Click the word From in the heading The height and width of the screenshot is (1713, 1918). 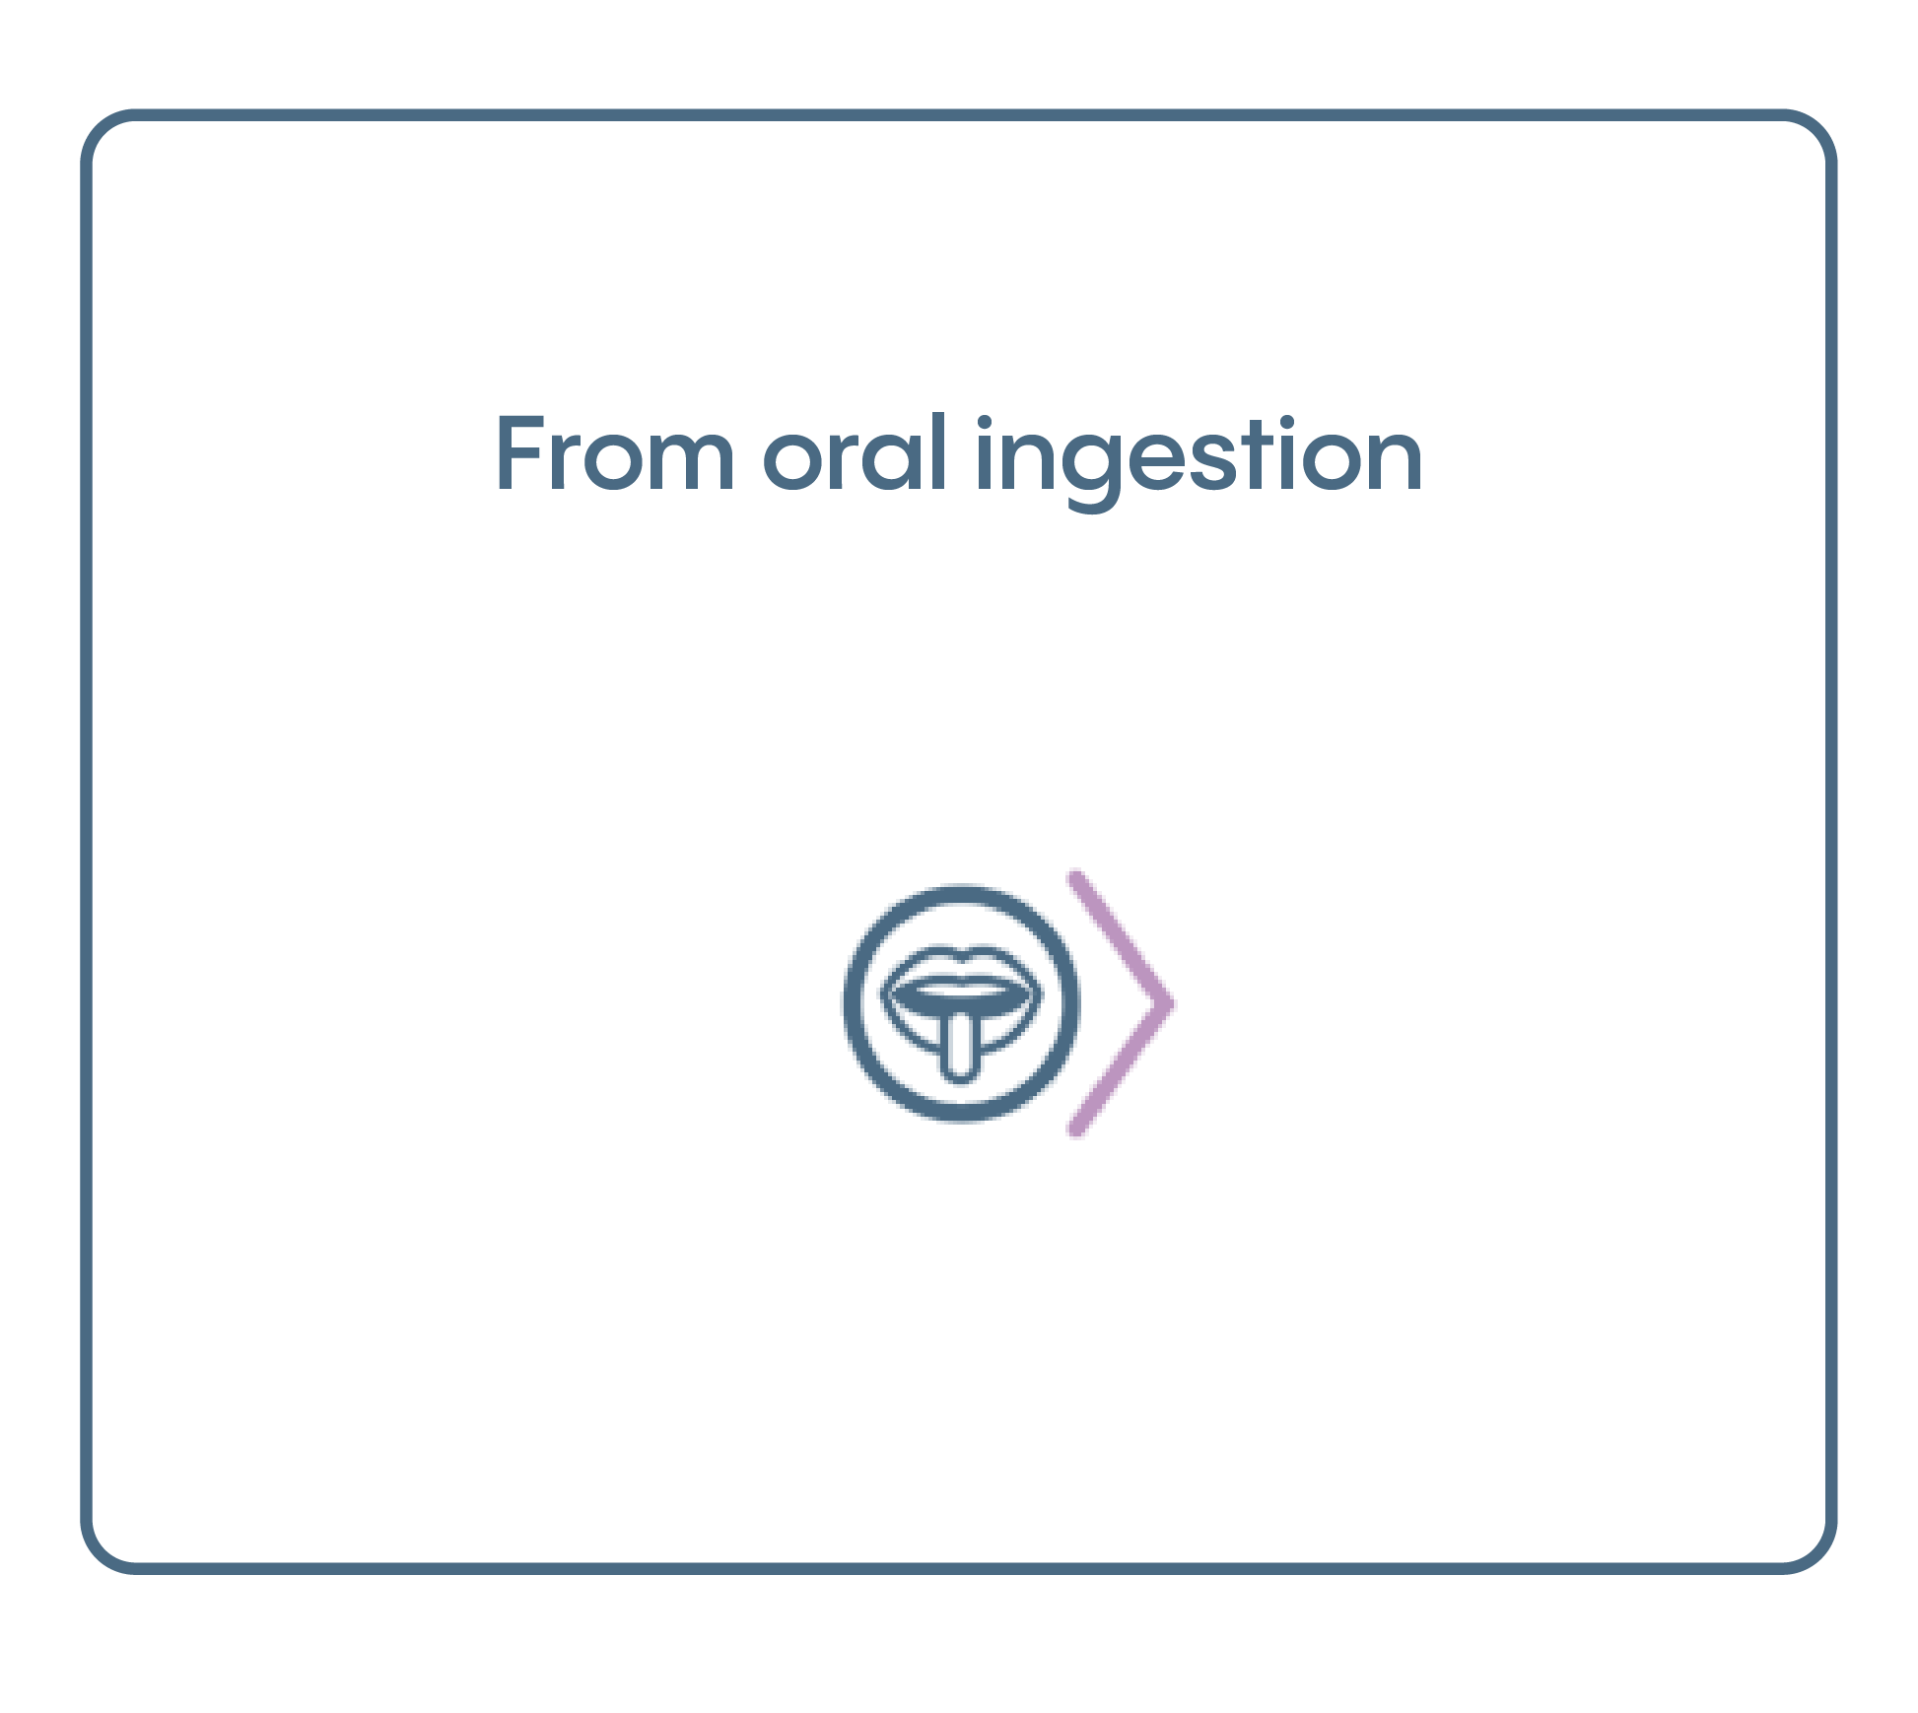(615, 452)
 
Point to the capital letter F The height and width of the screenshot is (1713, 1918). (521, 452)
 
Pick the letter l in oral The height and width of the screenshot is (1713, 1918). (940, 451)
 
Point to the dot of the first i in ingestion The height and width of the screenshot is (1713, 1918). (984, 423)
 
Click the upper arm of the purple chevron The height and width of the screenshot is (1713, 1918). (1121, 936)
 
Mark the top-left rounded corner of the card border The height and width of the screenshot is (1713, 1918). (99, 127)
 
